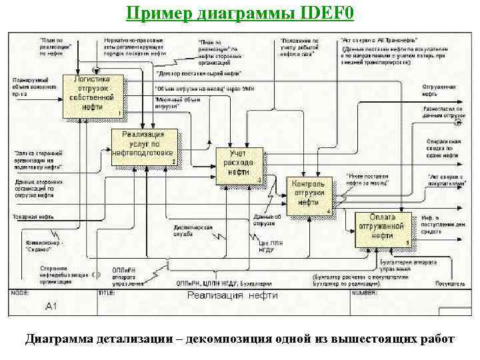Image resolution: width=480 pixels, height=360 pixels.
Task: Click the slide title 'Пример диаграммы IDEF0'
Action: [241, 13]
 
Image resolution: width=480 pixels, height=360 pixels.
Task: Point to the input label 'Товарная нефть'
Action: [33, 217]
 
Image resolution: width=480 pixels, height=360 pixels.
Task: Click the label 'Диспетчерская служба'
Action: [183, 230]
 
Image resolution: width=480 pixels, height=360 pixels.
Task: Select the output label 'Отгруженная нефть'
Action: [439, 89]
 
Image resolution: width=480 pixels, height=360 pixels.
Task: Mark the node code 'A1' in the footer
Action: [52, 306]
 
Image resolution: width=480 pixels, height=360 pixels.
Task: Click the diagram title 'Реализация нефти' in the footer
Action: [233, 295]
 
